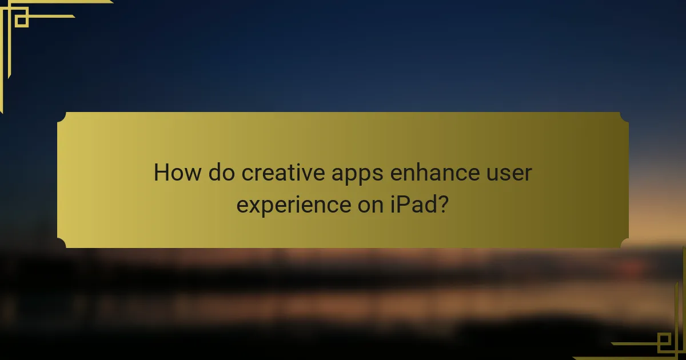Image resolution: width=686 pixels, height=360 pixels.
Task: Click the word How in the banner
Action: pos(177,173)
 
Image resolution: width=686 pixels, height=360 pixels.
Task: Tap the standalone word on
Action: pos(367,205)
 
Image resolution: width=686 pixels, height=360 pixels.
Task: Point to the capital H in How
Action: pos(162,173)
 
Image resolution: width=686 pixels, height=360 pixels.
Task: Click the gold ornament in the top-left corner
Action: pos(23,23)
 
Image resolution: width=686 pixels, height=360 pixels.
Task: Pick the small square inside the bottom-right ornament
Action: pos(664,341)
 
